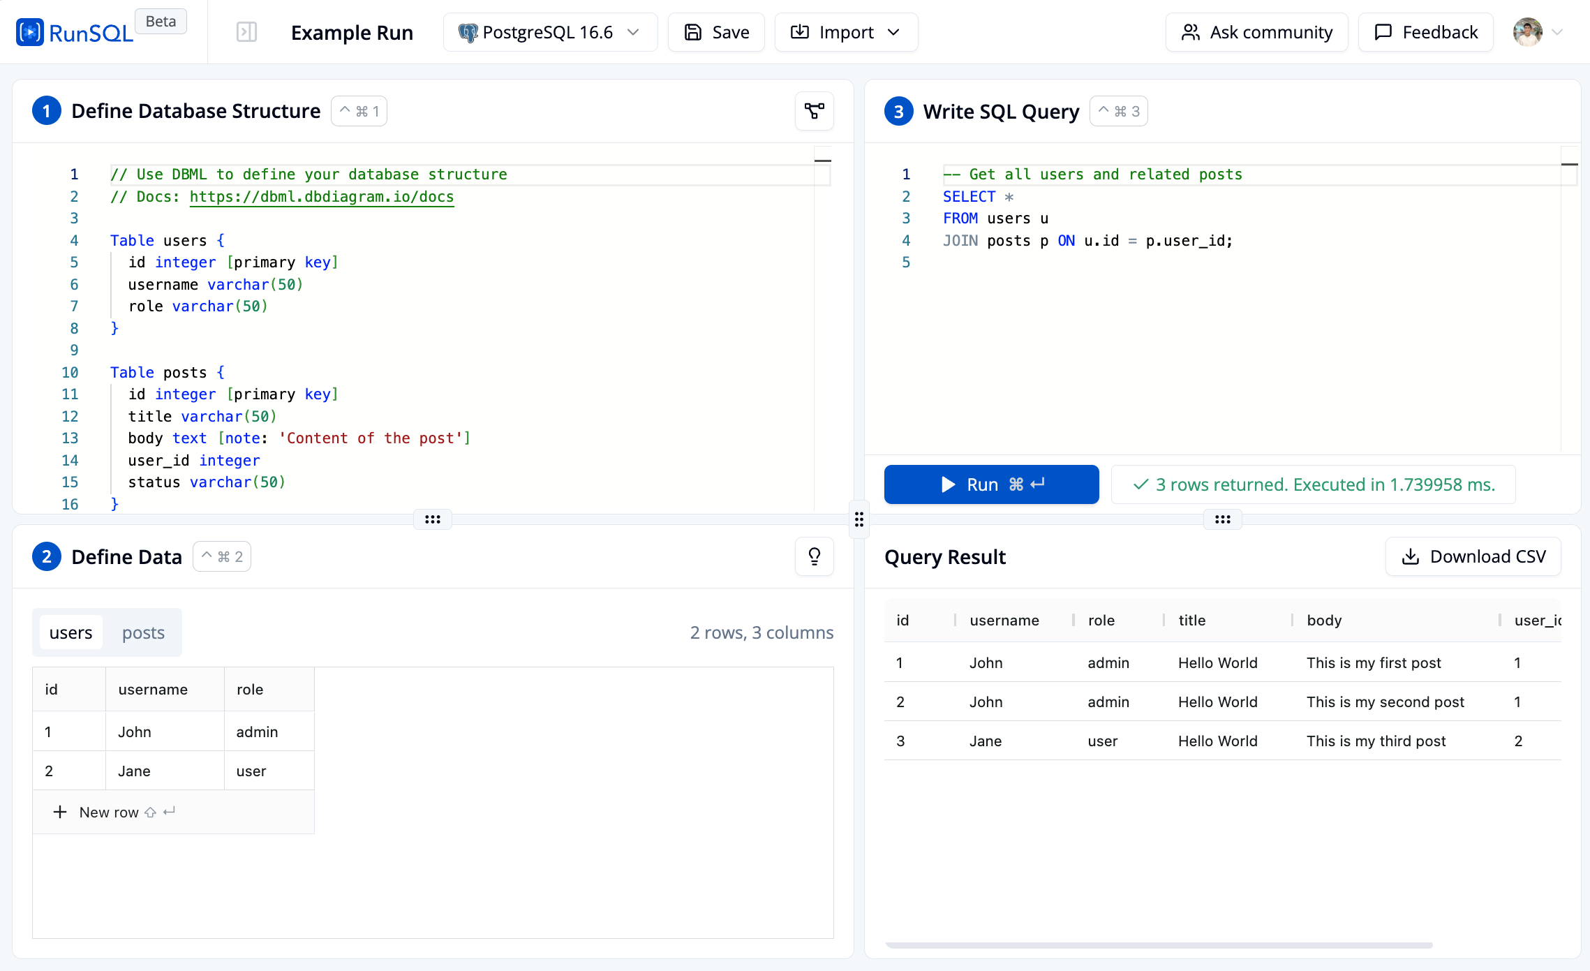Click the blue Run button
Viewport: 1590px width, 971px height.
[x=991, y=484]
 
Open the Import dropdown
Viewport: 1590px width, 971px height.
[x=846, y=32]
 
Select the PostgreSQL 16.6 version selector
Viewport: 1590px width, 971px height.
[x=550, y=32]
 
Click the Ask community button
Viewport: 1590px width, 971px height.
[x=1256, y=32]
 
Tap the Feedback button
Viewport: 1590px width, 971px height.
[x=1426, y=32]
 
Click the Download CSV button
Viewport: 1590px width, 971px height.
[x=1473, y=556]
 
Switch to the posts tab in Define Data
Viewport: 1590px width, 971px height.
[x=143, y=632]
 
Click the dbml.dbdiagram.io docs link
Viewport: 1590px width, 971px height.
[x=322, y=197]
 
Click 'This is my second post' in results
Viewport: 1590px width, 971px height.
[x=1385, y=702]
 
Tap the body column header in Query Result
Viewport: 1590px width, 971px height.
[x=1324, y=620]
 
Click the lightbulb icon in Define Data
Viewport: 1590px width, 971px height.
[x=815, y=556]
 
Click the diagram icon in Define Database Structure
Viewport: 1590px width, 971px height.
[x=815, y=111]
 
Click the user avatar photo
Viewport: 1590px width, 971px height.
[x=1527, y=32]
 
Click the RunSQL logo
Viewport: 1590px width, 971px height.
[x=75, y=32]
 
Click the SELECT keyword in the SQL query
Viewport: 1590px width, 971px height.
[x=969, y=197]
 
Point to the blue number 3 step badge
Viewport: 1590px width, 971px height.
[x=899, y=111]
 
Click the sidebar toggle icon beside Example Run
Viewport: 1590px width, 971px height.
[x=246, y=32]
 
